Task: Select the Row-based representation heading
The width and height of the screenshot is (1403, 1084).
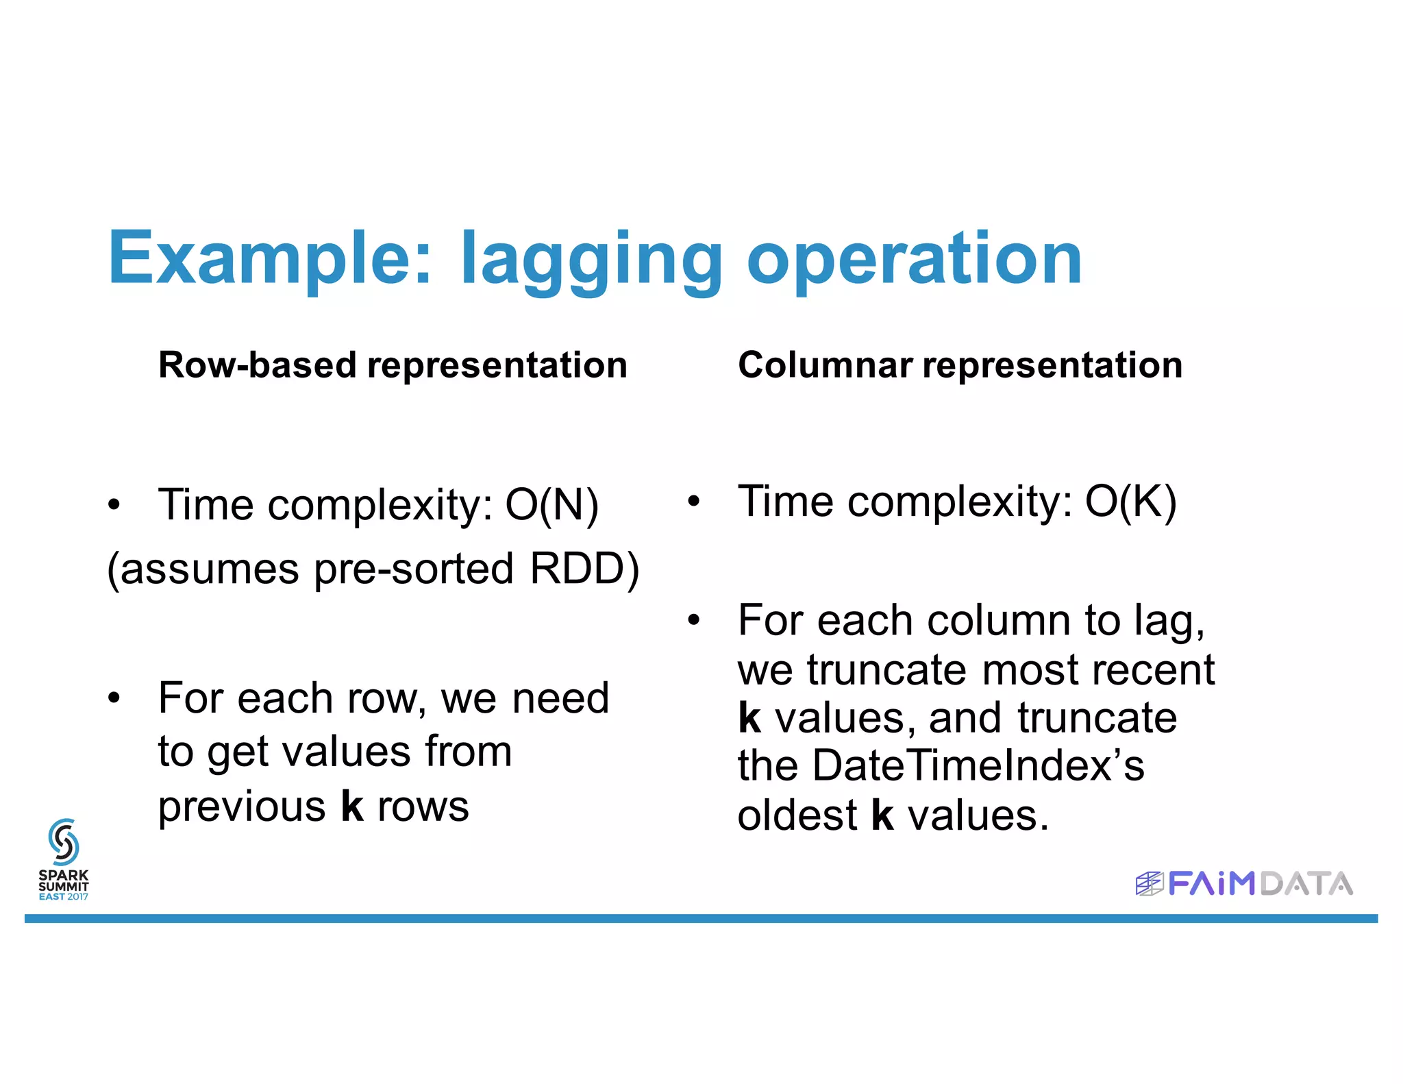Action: pyautogui.click(x=393, y=365)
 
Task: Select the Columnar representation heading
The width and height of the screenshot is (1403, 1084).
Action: pyautogui.click(x=960, y=365)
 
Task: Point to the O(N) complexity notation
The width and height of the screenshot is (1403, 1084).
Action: pyautogui.click(x=551, y=506)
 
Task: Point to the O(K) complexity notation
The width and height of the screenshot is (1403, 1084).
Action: pyautogui.click(x=1130, y=502)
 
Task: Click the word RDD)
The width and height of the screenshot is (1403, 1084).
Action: pyautogui.click(x=584, y=569)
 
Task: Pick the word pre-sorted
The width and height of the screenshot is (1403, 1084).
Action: pyautogui.click(x=413, y=569)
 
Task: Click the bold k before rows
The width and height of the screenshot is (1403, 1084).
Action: pyautogui.click(x=352, y=806)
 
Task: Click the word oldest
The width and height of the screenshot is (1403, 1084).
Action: pyautogui.click(x=797, y=815)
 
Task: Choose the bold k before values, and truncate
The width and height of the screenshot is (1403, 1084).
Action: pyautogui.click(x=749, y=717)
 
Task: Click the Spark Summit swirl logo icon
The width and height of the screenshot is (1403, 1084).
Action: pyautogui.click(x=63, y=841)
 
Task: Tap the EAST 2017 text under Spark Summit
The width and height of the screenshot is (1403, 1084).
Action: pyautogui.click(x=63, y=896)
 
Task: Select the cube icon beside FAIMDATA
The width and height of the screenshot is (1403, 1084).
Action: pyautogui.click(x=1149, y=883)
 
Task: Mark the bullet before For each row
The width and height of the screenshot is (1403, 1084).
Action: pyautogui.click(x=114, y=698)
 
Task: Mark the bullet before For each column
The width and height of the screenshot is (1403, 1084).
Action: pyautogui.click(x=694, y=620)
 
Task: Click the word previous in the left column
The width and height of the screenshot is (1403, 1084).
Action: pyautogui.click(x=242, y=806)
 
